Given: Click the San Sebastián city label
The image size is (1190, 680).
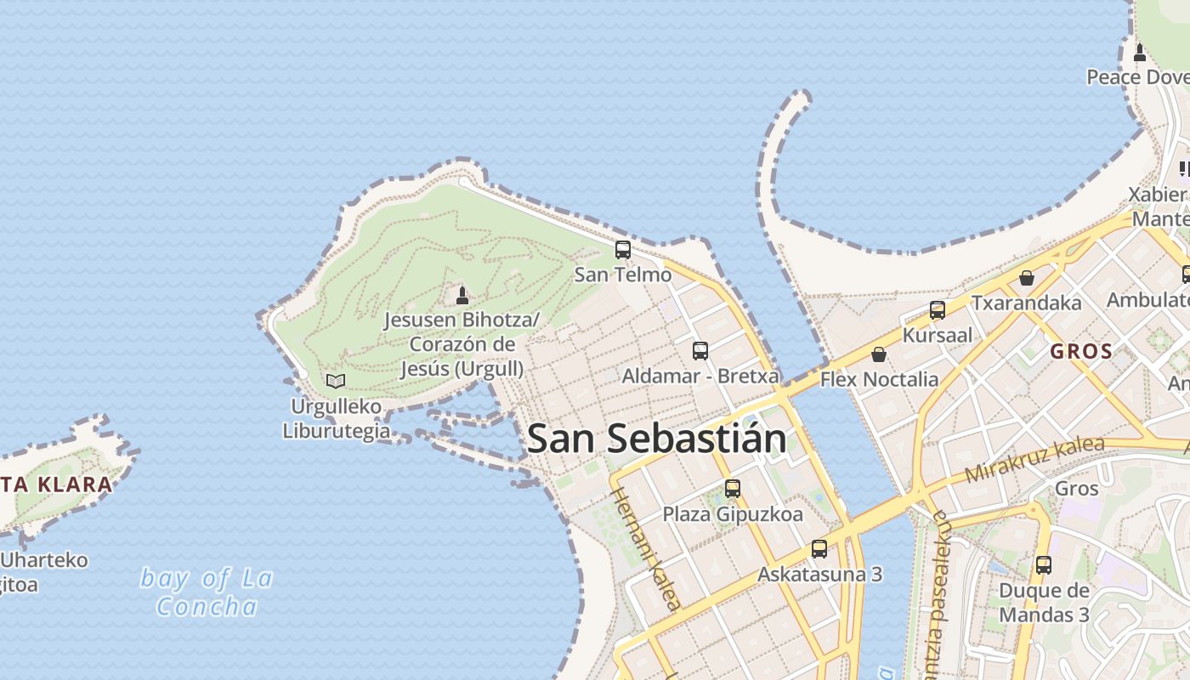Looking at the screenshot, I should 656,439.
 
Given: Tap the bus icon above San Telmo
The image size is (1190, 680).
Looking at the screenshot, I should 623,249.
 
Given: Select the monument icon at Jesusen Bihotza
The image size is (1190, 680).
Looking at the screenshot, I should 462,295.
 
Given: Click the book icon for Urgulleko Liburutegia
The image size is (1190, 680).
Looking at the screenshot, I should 336,381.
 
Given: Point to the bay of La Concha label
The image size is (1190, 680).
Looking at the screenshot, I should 207,592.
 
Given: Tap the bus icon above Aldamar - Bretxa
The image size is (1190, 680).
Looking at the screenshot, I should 700,350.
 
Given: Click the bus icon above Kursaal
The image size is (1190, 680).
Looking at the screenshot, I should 938,310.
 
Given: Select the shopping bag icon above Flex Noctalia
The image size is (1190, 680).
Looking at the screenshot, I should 879,354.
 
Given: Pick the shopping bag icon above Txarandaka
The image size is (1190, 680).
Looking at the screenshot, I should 1027,278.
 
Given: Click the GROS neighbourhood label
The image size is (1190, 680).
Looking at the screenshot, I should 1081,351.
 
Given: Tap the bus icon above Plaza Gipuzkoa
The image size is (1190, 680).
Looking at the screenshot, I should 733,489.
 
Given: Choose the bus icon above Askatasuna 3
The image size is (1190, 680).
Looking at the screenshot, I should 819,548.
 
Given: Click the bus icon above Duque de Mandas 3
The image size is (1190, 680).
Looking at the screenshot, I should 1044,564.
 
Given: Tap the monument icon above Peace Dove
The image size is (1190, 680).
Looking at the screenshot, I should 1140,53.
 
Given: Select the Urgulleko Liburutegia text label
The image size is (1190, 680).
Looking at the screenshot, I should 336,418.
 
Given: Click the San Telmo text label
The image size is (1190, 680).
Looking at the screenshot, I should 623,275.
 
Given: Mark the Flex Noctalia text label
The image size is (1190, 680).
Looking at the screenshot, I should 879,379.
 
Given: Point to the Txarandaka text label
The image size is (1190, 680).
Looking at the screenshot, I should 1027,303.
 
